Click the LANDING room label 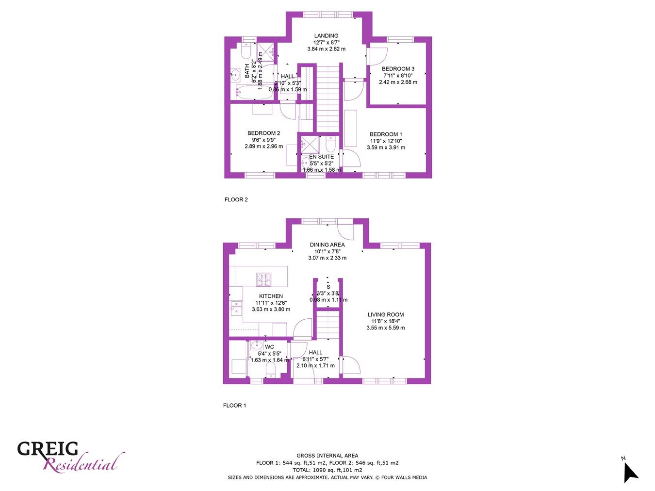coord(326,36)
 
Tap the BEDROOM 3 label coord(398,69)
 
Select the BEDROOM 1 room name coord(386,134)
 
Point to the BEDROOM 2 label coord(263,133)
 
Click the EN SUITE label coord(321,157)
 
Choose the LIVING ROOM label coord(385,314)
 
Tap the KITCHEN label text coord(271,296)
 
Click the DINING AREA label coord(327,245)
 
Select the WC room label coord(269,347)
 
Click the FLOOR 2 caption coord(236,199)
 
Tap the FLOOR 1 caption coord(234,405)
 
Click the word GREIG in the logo coord(48,449)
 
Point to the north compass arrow coord(630,472)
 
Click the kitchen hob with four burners coord(263,279)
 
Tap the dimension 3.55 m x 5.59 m coord(385,328)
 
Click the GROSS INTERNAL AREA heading coord(327,456)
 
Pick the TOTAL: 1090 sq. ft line coord(327,470)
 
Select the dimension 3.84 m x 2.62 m coord(326,49)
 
